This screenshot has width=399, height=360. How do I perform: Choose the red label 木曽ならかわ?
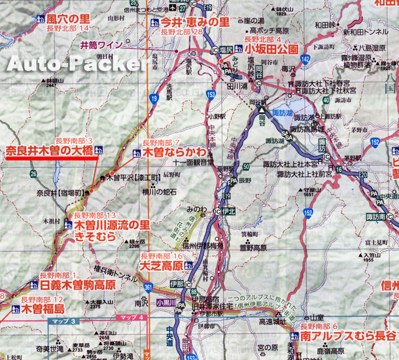tap(173, 152)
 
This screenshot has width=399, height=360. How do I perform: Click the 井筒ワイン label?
tap(102, 45)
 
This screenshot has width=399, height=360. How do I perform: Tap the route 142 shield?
tap(305, 59)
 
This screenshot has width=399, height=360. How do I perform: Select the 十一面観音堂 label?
tap(186, 161)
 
